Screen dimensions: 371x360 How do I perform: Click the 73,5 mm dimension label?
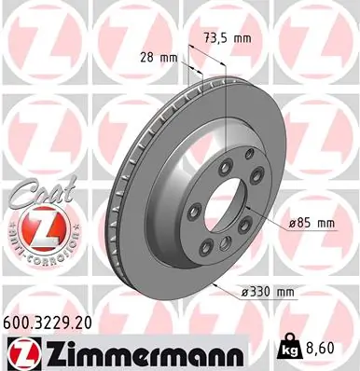(227, 39)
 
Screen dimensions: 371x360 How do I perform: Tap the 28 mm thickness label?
(166, 57)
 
